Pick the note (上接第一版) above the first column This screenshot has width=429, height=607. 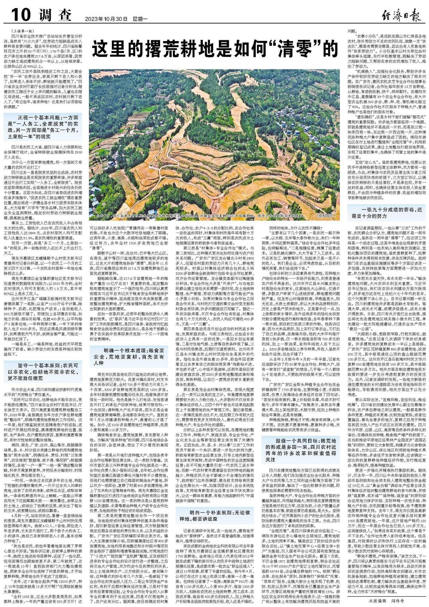pos(19,31)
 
